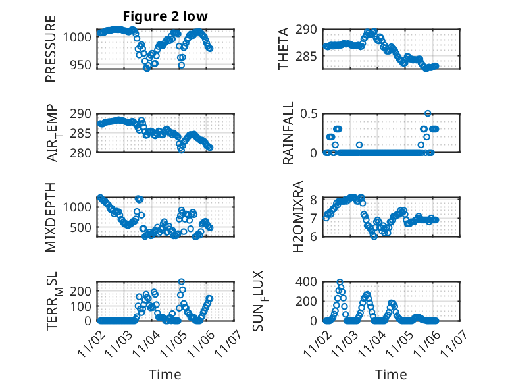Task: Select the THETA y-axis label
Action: point(284,49)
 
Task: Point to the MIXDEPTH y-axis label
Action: point(51,216)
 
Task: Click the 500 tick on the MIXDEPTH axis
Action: point(82,228)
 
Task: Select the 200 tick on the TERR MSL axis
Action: point(82,291)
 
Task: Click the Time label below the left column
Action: point(165,374)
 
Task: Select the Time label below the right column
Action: point(391,374)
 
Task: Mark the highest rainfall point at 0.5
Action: point(428,113)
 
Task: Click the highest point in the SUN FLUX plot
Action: point(340,282)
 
